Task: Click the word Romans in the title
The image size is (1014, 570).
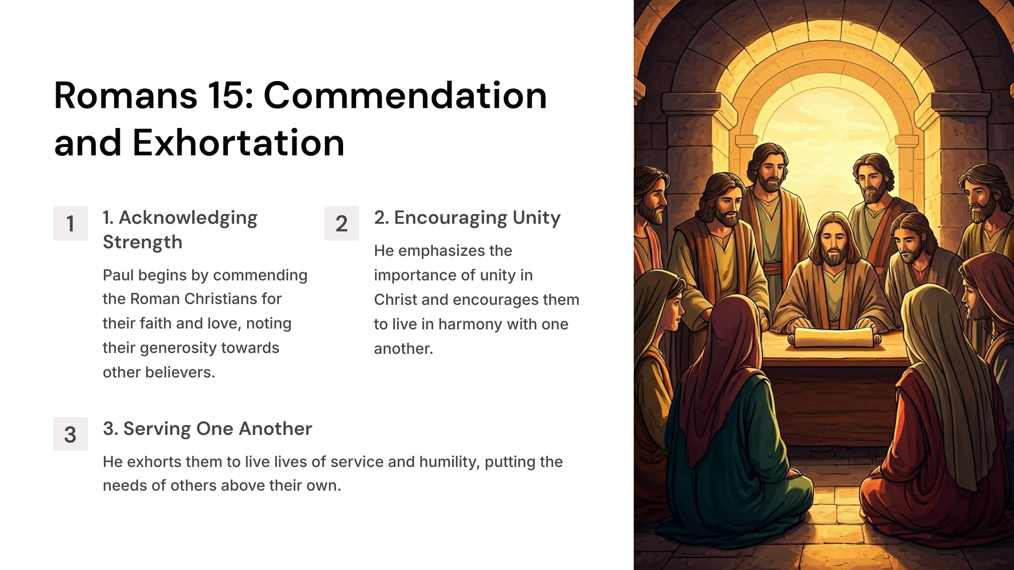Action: [126, 95]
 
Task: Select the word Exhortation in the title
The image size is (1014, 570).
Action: [238, 143]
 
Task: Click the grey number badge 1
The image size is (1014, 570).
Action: [70, 223]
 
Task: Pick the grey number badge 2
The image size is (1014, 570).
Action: [342, 223]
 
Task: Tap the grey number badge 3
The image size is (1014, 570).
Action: [70, 434]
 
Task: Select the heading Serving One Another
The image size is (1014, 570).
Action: [207, 428]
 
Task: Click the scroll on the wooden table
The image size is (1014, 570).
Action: [835, 338]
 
